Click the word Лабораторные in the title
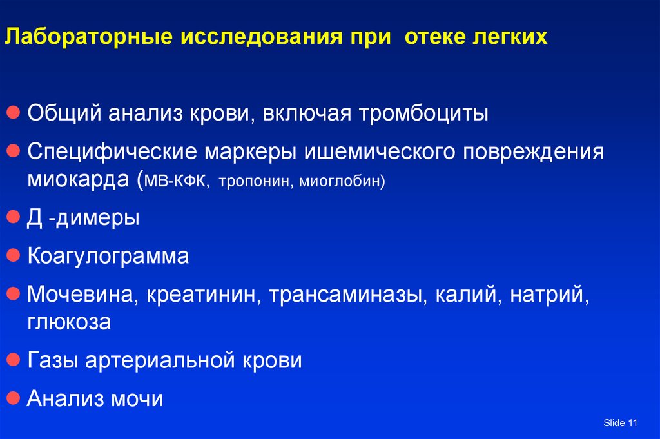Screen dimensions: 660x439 point(89,37)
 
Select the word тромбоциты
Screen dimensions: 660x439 point(423,113)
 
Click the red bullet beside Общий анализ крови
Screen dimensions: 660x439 point(14,112)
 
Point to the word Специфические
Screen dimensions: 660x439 point(112,151)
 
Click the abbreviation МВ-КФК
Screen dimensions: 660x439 point(176,181)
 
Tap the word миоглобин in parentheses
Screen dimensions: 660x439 point(340,181)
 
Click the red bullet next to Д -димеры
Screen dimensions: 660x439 point(14,217)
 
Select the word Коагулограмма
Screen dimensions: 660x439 point(108,256)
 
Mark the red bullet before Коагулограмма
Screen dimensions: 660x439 point(14,255)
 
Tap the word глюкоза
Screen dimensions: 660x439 point(69,322)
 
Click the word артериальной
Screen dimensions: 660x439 point(160,360)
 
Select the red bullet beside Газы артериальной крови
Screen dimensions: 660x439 point(14,360)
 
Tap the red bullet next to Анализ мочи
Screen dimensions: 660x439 point(14,398)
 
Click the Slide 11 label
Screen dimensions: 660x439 point(621,423)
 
